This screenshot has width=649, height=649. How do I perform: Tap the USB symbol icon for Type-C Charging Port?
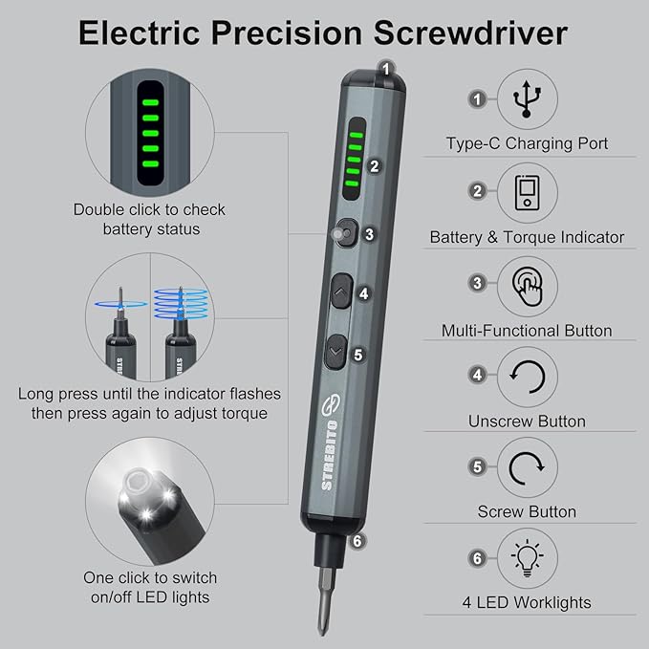coord(527,98)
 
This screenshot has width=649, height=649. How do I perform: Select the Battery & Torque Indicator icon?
coord(527,191)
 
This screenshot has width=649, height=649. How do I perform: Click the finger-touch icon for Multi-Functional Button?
coord(527,284)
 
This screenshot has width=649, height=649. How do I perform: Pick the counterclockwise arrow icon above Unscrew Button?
coord(527,376)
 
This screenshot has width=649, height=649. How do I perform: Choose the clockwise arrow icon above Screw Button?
coord(527,467)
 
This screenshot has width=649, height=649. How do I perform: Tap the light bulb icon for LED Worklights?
coord(527,558)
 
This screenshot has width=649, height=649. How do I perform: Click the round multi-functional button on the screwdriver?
coord(343,233)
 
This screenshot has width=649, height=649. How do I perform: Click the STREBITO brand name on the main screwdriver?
coord(328,457)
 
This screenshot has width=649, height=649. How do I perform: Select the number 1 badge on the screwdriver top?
coord(386,69)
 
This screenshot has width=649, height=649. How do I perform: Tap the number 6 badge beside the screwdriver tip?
coord(357,540)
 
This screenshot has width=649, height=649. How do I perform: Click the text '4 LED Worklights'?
coord(527,602)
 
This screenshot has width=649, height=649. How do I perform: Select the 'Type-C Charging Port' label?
coord(527,144)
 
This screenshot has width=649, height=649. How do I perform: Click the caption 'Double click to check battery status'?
coord(149,219)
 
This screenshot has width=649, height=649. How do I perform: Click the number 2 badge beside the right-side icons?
coord(476,191)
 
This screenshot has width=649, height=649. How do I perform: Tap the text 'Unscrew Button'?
coord(527,421)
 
